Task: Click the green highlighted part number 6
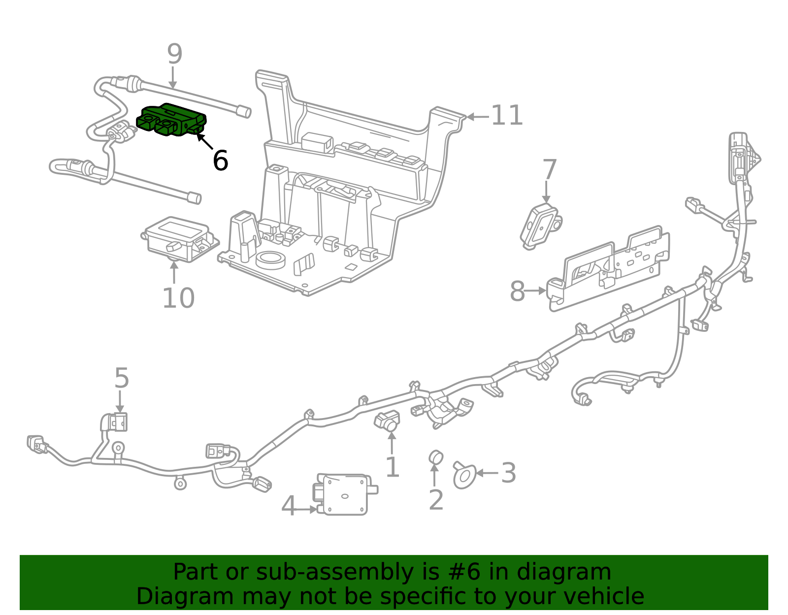pyautogui.click(x=171, y=121)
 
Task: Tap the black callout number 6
pyautogui.click(x=220, y=161)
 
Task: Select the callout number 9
pyautogui.click(x=174, y=54)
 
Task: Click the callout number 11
pyautogui.click(x=507, y=116)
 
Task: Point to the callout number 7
pyautogui.click(x=549, y=170)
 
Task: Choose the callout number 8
pyautogui.click(x=517, y=291)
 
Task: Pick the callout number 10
pyautogui.click(x=178, y=298)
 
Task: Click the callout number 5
pyautogui.click(x=121, y=378)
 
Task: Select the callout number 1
pyautogui.click(x=392, y=467)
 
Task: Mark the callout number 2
pyautogui.click(x=436, y=500)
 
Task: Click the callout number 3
pyautogui.click(x=508, y=473)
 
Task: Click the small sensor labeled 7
pyautogui.click(x=540, y=227)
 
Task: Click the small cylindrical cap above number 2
pyautogui.click(x=436, y=457)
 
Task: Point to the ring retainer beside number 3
pyautogui.click(x=464, y=476)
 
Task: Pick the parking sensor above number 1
pyautogui.click(x=388, y=420)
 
